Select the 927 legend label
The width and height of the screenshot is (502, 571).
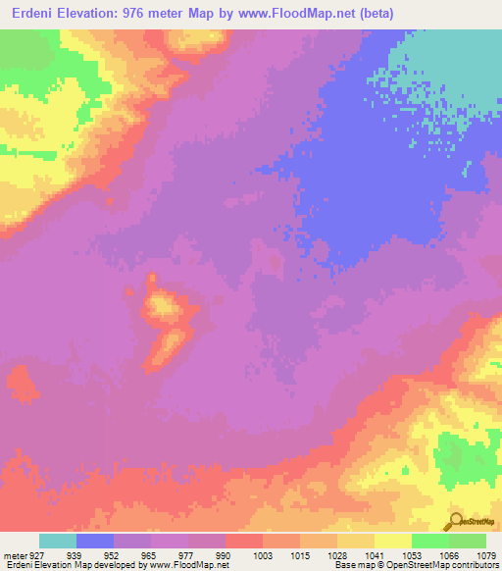[x=39, y=556]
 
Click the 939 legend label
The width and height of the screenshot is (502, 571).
[x=75, y=556]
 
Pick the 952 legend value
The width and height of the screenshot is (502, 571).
[x=114, y=556]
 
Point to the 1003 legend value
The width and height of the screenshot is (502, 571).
[x=263, y=556]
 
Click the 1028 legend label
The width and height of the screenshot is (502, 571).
[x=337, y=556]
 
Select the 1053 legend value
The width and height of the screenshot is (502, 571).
[x=412, y=556]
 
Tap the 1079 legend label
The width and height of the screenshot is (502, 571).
[x=485, y=556]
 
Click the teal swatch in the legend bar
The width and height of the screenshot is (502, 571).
[x=58, y=542]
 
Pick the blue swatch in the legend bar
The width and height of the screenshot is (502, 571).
[x=95, y=542]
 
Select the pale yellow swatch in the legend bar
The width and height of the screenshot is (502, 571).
[x=393, y=542]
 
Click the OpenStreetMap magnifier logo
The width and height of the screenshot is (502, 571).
[x=455, y=520]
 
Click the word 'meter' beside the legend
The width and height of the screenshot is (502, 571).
[x=14, y=556]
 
